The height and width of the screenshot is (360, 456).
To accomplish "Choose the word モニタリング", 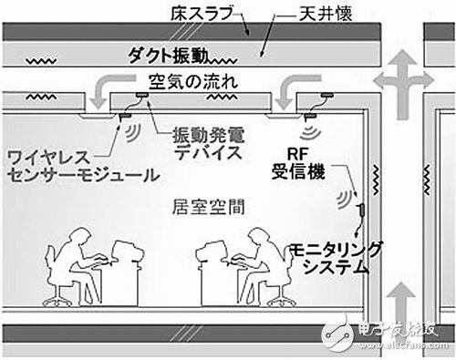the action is (x=338, y=251).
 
